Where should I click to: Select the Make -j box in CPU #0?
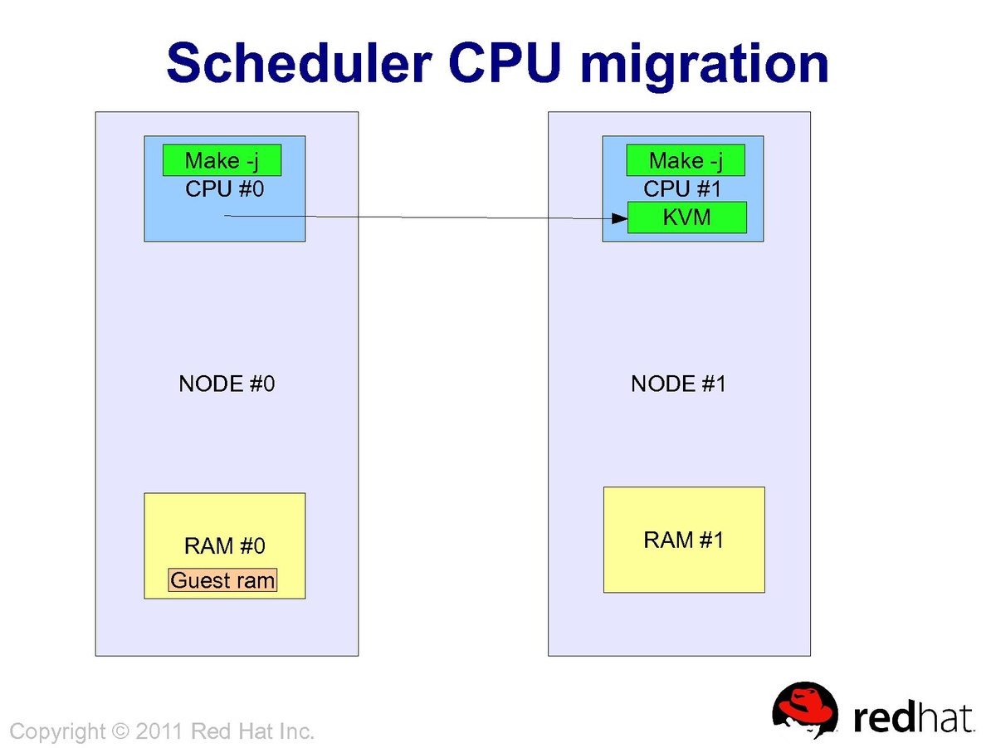[222, 160]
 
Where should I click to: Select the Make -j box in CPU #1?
[685, 160]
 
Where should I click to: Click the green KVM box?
[687, 218]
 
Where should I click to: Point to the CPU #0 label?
[224, 188]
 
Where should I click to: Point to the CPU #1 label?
[682, 188]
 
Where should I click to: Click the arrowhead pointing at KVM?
[619, 218]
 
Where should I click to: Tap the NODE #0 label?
[227, 384]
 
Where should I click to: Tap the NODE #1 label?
[678, 384]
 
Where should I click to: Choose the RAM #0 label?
[224, 545]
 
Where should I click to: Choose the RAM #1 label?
[683, 540]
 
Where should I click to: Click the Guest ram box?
[222, 580]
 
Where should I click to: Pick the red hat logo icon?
[805, 710]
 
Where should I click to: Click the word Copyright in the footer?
[58, 731]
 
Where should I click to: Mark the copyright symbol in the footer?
[121, 731]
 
